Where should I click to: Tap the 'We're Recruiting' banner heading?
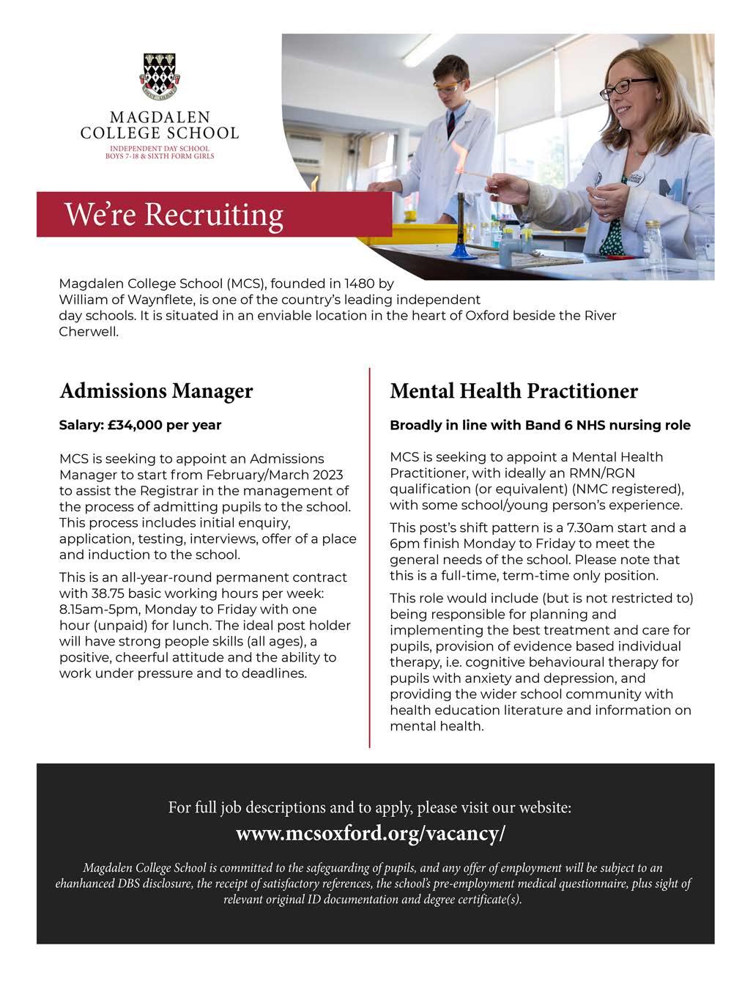(174, 214)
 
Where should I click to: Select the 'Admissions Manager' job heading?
(156, 390)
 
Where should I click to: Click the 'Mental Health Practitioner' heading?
(513, 390)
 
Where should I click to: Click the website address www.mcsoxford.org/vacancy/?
(371, 834)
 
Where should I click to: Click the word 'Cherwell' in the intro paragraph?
(88, 331)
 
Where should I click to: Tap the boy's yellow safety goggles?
(445, 86)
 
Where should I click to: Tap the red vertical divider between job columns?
(369, 557)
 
